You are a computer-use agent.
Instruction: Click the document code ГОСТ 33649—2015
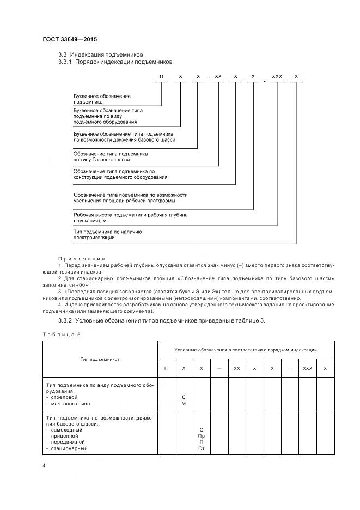(x=70, y=40)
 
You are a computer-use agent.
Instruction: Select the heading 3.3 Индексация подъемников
(x=100, y=54)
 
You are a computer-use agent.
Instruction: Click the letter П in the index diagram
(x=161, y=77)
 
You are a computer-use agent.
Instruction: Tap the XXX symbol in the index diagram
(x=277, y=77)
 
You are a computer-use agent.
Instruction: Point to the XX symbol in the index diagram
(x=218, y=77)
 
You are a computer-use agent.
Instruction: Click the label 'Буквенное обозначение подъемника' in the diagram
(x=102, y=99)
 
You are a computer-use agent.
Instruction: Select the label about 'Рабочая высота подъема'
(x=130, y=217)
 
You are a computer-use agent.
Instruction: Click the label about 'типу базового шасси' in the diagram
(x=110, y=157)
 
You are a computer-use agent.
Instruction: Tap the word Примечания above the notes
(x=81, y=258)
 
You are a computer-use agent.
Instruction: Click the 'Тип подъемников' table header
(x=100, y=359)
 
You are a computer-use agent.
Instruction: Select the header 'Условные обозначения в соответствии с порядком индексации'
(x=246, y=350)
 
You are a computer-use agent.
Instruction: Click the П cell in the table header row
(x=166, y=368)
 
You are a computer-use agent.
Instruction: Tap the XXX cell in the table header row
(x=308, y=368)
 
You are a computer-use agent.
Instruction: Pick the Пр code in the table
(x=202, y=436)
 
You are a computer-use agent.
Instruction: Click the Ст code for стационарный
(x=202, y=448)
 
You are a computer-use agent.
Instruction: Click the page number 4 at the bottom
(x=44, y=466)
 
